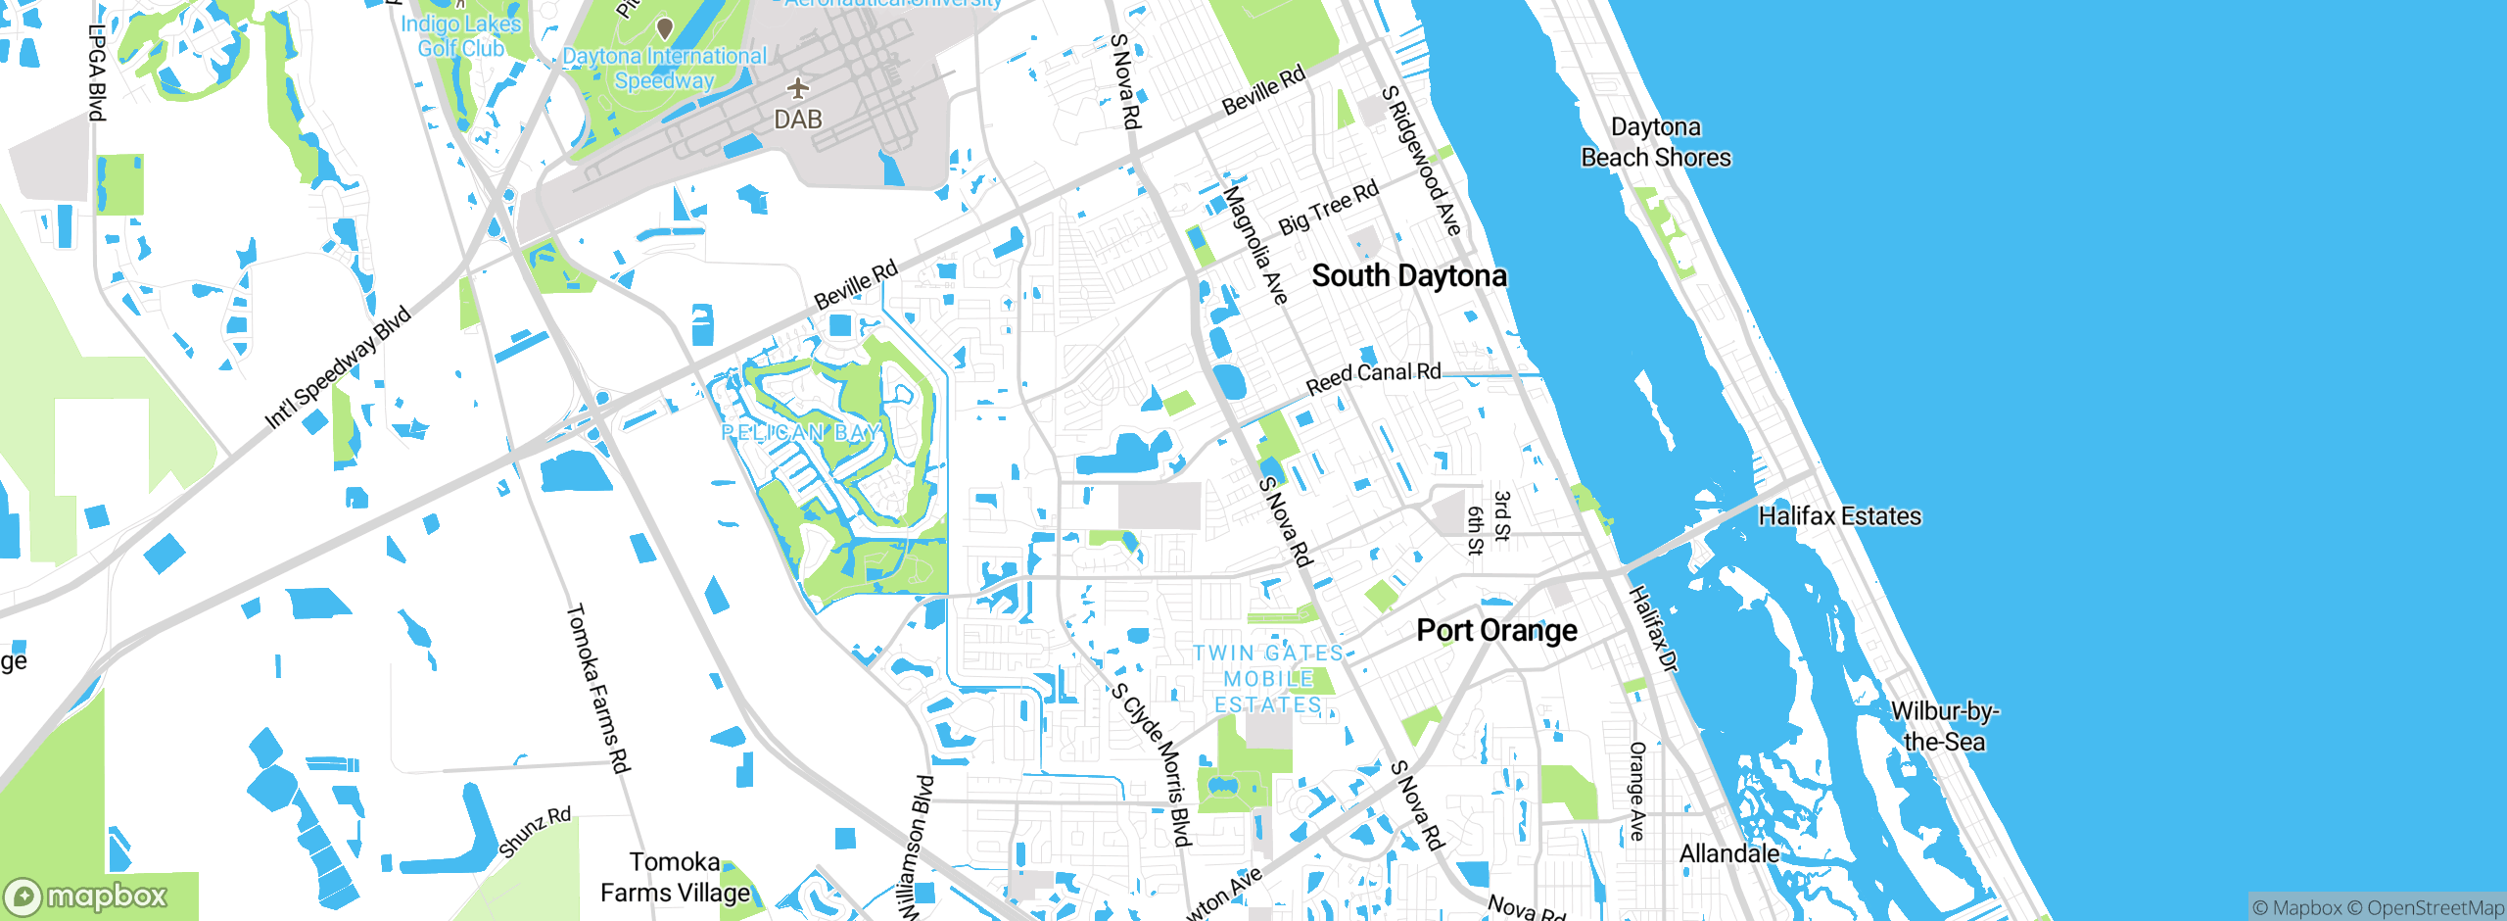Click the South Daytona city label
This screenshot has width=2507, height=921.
pyautogui.click(x=1408, y=276)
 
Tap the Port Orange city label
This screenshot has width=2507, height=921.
pyautogui.click(x=1496, y=630)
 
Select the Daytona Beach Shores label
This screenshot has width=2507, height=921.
pyautogui.click(x=1655, y=143)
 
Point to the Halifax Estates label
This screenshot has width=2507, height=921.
pyautogui.click(x=1839, y=516)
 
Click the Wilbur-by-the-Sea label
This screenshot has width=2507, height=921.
pyautogui.click(x=1944, y=726)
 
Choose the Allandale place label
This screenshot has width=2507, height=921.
pyautogui.click(x=1728, y=853)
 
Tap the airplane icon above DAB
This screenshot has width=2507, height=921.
pyautogui.click(x=798, y=89)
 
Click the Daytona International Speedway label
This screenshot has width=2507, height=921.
pyautogui.click(x=664, y=69)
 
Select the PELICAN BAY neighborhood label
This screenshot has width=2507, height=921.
pyautogui.click(x=801, y=432)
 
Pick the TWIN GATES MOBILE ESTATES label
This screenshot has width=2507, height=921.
pyautogui.click(x=1268, y=679)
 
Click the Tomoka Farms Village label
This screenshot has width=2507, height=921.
pyautogui.click(x=675, y=877)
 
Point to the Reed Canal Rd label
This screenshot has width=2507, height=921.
pyautogui.click(x=1373, y=377)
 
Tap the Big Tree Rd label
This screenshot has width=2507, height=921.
pyautogui.click(x=1328, y=208)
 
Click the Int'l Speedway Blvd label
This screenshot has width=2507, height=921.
pyautogui.click(x=338, y=368)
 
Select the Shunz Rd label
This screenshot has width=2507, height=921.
pyautogui.click(x=535, y=832)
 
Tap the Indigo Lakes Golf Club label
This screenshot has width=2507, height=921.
pyautogui.click(x=460, y=36)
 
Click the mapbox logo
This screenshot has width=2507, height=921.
pyautogui.click(x=86, y=896)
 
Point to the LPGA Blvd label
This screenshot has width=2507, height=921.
pyautogui.click(x=96, y=73)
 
